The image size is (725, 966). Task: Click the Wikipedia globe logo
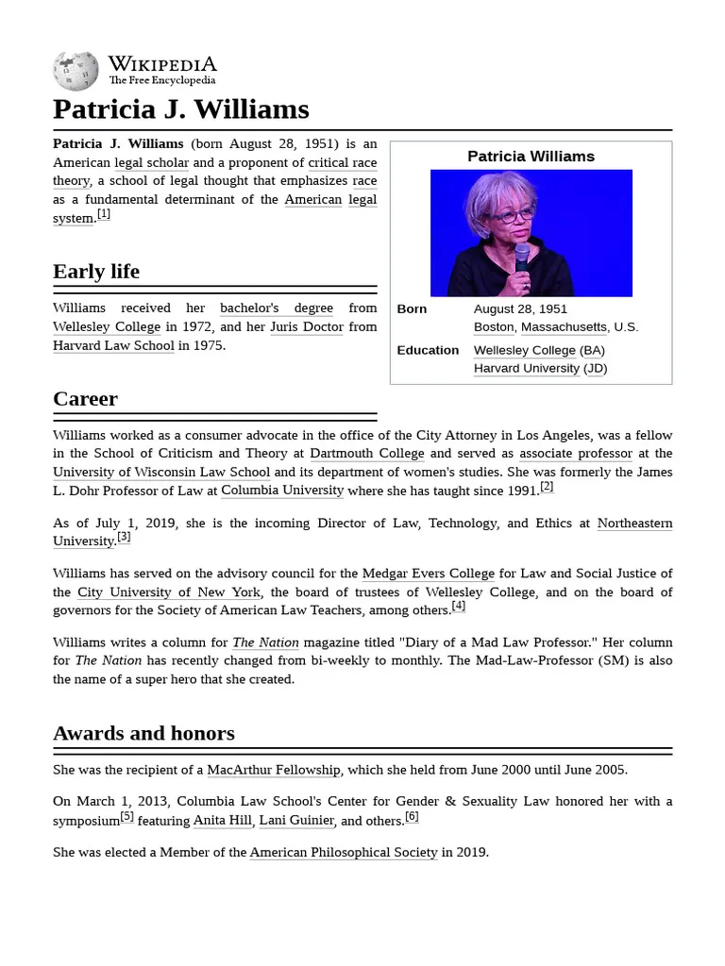tap(76, 71)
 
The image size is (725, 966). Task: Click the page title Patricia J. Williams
tap(180, 109)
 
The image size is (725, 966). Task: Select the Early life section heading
tap(96, 272)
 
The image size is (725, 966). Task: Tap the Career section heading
tap(85, 398)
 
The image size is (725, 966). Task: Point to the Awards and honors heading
tap(143, 733)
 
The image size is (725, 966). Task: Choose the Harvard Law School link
tap(113, 345)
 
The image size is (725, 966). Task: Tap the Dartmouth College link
tap(367, 453)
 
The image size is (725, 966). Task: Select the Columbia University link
tap(282, 491)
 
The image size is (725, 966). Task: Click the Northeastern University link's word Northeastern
tap(634, 523)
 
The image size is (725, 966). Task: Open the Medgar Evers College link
tap(429, 573)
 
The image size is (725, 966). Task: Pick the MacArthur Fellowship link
tap(274, 770)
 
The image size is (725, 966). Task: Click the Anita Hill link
tap(223, 820)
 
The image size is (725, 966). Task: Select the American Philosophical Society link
tap(344, 852)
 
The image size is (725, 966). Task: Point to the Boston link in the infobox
tap(494, 326)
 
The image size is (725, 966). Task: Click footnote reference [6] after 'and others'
tap(412, 816)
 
